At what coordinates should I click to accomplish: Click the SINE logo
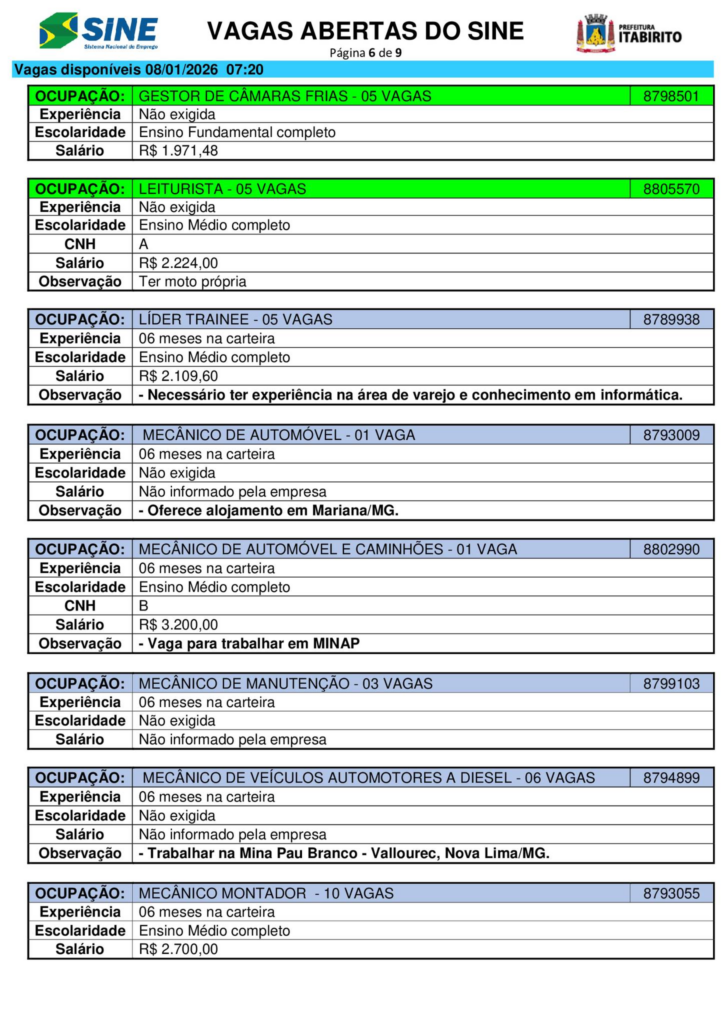(x=98, y=31)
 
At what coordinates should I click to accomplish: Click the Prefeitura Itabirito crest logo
(x=629, y=34)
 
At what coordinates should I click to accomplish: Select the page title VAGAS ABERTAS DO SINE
(x=365, y=31)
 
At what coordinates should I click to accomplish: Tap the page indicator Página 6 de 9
(x=365, y=53)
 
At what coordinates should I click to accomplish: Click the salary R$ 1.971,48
(x=178, y=151)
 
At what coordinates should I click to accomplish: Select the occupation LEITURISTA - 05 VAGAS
(x=222, y=188)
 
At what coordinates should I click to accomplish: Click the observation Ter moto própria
(x=192, y=281)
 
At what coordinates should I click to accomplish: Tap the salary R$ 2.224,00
(x=178, y=263)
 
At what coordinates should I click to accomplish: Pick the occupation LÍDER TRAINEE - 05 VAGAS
(x=235, y=320)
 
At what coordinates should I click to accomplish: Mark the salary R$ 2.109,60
(x=178, y=376)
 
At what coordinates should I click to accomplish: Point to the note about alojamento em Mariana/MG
(x=268, y=510)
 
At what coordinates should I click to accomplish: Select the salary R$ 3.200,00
(x=178, y=625)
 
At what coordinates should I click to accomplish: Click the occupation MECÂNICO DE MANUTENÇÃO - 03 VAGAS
(x=285, y=684)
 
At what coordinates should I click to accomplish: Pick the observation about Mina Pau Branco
(x=343, y=853)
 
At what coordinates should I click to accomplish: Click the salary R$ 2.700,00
(x=178, y=949)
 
